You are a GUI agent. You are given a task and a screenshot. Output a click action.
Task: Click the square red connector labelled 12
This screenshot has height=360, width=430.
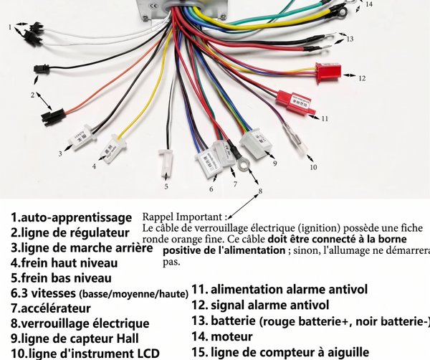tap(328, 72)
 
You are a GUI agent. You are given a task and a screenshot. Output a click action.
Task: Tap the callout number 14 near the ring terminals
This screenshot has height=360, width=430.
tap(369, 4)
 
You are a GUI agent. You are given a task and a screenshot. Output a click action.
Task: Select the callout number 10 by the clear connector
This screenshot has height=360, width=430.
tap(313, 167)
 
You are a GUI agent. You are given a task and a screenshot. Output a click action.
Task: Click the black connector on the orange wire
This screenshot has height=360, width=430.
tap(54, 117)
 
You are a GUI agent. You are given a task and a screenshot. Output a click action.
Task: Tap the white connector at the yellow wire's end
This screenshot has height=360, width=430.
tap(115, 148)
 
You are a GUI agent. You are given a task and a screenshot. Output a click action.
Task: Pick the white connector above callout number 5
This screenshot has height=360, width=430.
tap(166, 164)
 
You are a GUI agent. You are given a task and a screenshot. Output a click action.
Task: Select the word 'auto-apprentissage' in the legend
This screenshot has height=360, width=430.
tap(77, 217)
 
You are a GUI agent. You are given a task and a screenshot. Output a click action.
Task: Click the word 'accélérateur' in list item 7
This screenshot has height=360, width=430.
tap(56, 308)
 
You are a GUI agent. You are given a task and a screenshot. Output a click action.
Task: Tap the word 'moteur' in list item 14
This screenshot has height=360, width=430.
tap(231, 336)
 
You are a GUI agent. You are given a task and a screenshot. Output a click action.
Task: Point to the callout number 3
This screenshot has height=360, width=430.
tap(60, 153)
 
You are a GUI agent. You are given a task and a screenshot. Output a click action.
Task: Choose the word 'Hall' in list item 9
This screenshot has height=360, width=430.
tap(128, 338)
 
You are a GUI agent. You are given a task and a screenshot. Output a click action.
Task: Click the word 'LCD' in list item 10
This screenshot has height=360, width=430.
tap(148, 354)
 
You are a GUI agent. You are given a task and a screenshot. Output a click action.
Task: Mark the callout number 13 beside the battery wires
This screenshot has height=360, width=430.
tap(350, 39)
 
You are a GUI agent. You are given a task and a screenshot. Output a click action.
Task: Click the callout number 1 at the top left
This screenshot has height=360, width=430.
tap(10, 27)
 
